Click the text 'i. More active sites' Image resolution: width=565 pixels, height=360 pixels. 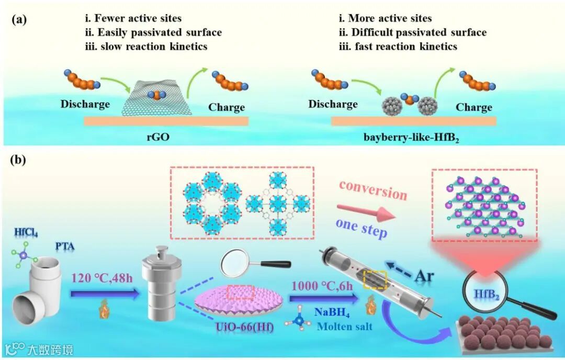[x=386, y=19]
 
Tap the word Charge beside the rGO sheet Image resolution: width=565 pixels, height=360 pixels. [x=227, y=108]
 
